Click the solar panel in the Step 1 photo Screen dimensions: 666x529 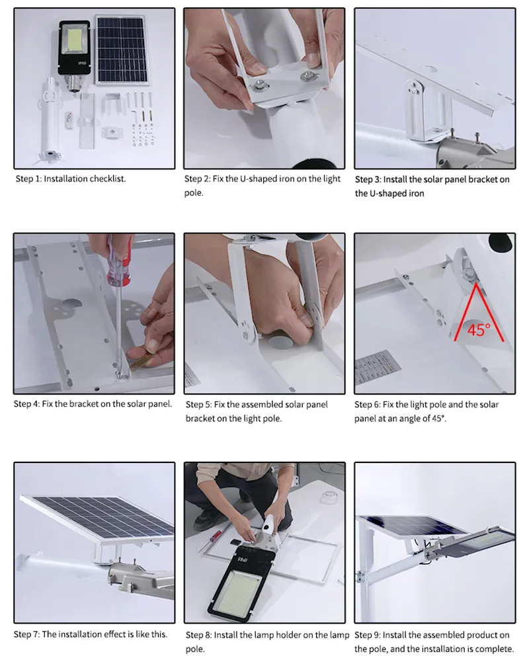tap(123, 50)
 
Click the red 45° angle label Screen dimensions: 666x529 tap(477, 329)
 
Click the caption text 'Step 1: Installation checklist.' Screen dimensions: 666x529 tap(70, 179)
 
